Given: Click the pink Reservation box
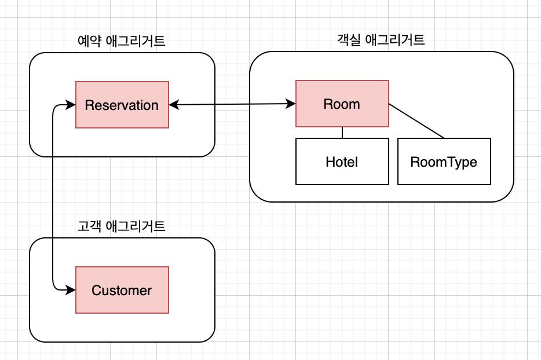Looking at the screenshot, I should (122, 105).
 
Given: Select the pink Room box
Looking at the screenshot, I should (342, 104).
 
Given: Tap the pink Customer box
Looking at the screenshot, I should (122, 290).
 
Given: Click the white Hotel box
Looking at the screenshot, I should (342, 161).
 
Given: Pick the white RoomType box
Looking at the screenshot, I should (444, 161).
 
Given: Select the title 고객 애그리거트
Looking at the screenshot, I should (122, 226).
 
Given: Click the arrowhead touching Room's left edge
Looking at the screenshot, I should (291, 104).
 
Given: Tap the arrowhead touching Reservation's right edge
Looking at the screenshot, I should (173, 105).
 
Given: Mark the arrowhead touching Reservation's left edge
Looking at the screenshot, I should (71, 105).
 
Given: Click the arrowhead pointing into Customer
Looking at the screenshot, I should (71, 290).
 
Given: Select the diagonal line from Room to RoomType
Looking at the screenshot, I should (416, 121).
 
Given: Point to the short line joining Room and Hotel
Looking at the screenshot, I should (342, 133).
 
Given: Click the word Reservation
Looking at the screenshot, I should (122, 105).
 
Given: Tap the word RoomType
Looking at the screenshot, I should (444, 161).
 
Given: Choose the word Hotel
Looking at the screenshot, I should (342, 161).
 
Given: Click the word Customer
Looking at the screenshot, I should (122, 290).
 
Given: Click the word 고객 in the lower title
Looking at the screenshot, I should (88, 226).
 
